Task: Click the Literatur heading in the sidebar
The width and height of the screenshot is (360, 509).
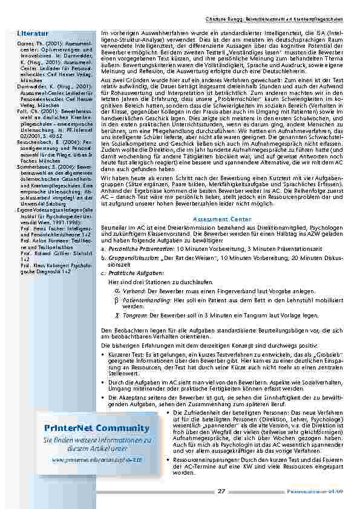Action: (x=29, y=32)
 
